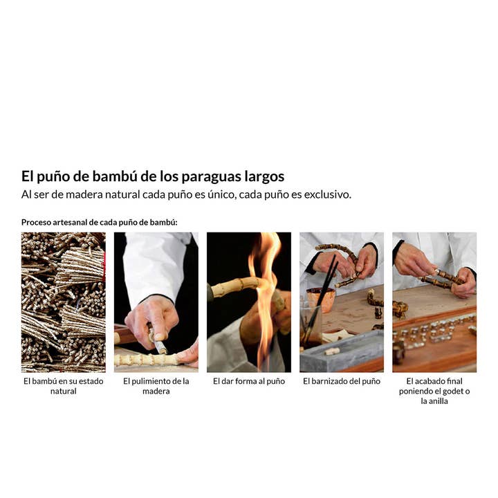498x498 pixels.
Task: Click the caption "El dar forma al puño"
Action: pyautogui.click(x=249, y=381)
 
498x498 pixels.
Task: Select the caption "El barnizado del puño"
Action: pyautogui.click(x=342, y=381)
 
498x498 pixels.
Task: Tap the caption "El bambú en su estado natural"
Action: pyautogui.click(x=64, y=386)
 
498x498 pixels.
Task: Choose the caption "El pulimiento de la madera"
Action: pyautogui.click(x=156, y=386)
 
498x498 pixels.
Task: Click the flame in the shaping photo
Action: pyautogui.click(x=264, y=299)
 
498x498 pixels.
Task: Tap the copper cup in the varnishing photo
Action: pyautogui.click(x=321, y=299)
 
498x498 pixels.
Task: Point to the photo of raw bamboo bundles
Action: pyautogui.click(x=64, y=302)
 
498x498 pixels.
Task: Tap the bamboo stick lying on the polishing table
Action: pyautogui.click(x=147, y=360)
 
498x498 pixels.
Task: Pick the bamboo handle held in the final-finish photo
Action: pyautogui.click(x=442, y=279)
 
